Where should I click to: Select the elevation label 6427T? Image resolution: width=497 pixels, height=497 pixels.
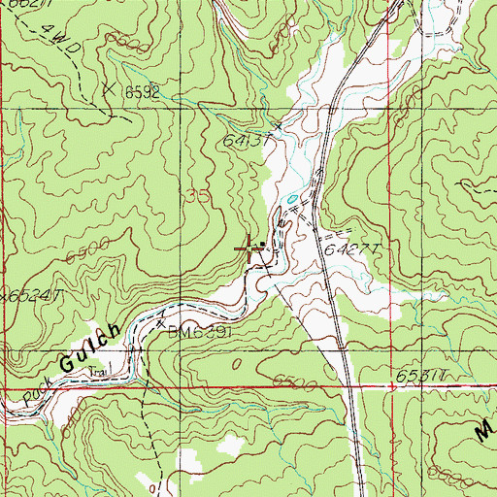point(350,249)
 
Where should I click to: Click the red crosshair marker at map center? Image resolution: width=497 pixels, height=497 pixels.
point(251,250)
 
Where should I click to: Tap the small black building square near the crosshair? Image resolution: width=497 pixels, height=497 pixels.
point(264,245)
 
